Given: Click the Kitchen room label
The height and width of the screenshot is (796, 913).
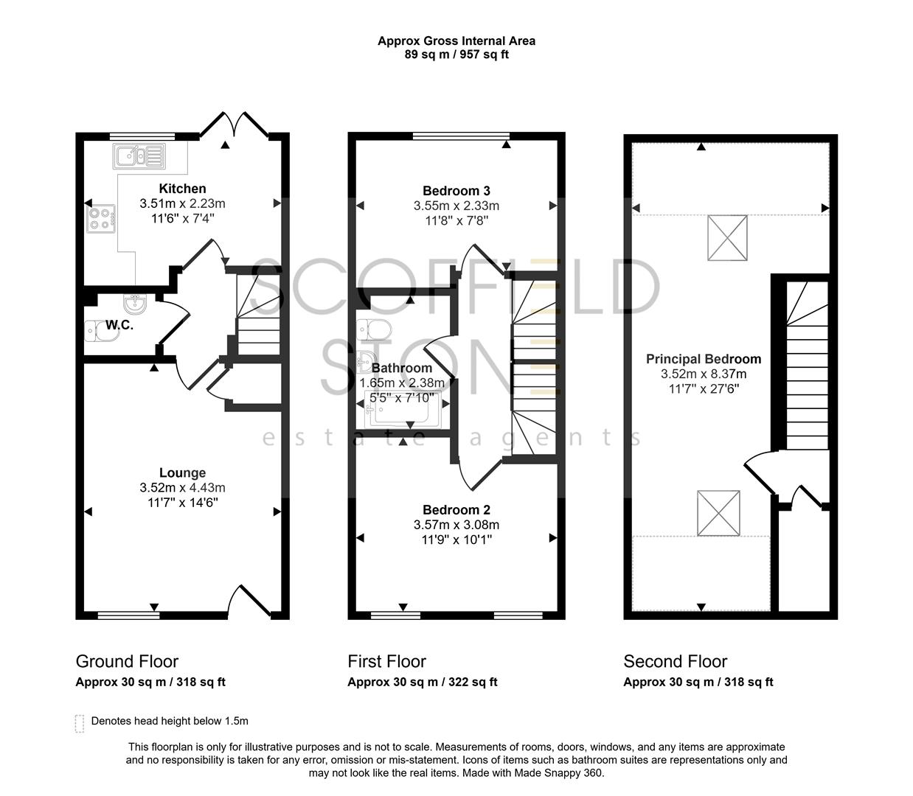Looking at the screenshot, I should click(182, 189).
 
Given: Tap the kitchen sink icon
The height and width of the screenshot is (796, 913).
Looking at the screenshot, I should click(139, 156).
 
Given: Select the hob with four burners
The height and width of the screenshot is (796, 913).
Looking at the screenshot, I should click(102, 218).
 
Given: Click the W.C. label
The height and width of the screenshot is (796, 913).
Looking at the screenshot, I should click(119, 325).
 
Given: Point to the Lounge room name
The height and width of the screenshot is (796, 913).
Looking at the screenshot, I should click(182, 473).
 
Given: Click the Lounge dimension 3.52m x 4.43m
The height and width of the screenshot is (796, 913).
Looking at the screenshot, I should click(182, 488).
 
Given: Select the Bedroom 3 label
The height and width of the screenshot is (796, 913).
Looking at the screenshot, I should click(456, 191).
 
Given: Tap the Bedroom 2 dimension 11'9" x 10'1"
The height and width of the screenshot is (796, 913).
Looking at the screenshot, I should click(456, 540).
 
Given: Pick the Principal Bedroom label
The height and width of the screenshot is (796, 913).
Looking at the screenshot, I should click(704, 359).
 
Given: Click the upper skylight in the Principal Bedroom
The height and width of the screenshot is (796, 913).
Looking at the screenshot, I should click(727, 237).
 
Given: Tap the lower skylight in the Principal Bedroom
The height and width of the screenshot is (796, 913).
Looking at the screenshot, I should click(718, 513).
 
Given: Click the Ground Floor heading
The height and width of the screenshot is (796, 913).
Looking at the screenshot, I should click(127, 661).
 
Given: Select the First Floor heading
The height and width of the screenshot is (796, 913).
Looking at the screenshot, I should click(386, 661).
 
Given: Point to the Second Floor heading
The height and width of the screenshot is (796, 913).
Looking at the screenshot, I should click(675, 661).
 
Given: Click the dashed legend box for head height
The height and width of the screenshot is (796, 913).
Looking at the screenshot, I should click(80, 723).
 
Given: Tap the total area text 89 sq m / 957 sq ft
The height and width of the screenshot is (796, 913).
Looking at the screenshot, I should click(456, 55).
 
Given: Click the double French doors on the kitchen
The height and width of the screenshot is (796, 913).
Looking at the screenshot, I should click(234, 127).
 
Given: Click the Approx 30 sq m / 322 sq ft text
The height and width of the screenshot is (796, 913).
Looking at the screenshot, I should click(422, 682).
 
